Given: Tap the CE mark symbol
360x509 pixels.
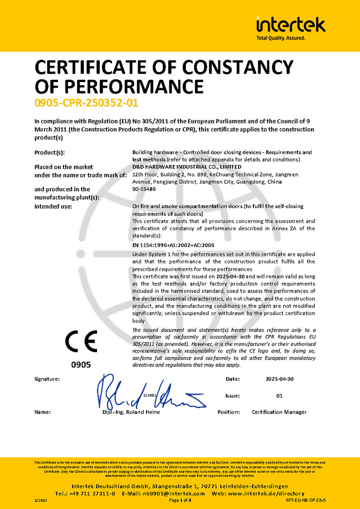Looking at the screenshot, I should pyautogui.click(x=81, y=342).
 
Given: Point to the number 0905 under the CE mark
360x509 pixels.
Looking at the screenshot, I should pyautogui.click(x=81, y=365).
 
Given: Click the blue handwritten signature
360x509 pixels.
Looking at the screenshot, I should pyautogui.click(x=149, y=392).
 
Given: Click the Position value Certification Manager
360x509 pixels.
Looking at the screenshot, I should pyautogui.click(x=279, y=412).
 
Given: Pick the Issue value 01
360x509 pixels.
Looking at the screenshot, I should pyautogui.click(x=279, y=396).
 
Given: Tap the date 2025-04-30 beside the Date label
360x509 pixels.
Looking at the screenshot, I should pyautogui.click(x=279, y=379).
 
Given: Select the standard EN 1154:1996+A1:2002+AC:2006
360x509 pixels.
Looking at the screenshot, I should pyautogui.click(x=173, y=245).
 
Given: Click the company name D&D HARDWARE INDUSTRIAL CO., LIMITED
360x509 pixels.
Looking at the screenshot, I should pyautogui.click(x=187, y=166).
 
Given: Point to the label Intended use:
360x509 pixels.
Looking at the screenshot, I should pyautogui.click(x=53, y=206).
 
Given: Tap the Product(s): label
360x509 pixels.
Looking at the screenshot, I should pyautogui.click(x=49, y=153).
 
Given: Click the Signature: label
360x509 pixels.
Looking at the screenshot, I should pyautogui.click(x=47, y=379).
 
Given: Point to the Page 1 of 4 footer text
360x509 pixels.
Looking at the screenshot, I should pyautogui.click(x=180, y=500).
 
